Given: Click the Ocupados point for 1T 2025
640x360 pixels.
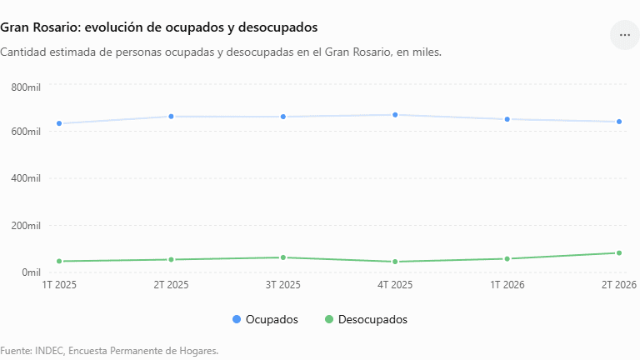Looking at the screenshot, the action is pyautogui.click(x=59, y=123).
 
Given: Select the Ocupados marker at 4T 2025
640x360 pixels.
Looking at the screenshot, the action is pyautogui.click(x=395, y=115).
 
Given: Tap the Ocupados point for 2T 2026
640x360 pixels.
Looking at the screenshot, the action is pyautogui.click(x=619, y=122).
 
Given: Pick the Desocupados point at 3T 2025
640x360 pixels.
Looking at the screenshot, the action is pyautogui.click(x=283, y=257).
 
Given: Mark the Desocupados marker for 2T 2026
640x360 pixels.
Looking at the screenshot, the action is pyautogui.click(x=619, y=253).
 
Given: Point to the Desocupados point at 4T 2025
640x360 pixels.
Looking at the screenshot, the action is pyautogui.click(x=395, y=262).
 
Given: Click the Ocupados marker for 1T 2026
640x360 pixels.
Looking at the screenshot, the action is pyautogui.click(x=507, y=119).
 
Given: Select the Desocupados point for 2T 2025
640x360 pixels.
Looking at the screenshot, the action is pyautogui.click(x=172, y=260).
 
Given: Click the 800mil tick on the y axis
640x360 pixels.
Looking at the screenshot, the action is pyautogui.click(x=26, y=87).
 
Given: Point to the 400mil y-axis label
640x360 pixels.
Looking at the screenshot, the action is pyautogui.click(x=26, y=178).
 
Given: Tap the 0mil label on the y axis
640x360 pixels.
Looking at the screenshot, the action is pyautogui.click(x=32, y=272).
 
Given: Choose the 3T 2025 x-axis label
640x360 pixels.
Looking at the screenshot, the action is pyautogui.click(x=283, y=285).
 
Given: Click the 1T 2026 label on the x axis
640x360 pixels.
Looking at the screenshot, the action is pyautogui.click(x=507, y=285).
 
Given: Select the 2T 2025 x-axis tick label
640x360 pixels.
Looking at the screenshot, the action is pyautogui.click(x=172, y=285).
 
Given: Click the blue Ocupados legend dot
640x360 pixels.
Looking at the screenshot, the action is pyautogui.click(x=237, y=319).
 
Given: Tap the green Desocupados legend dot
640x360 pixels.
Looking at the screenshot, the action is pyautogui.click(x=329, y=319).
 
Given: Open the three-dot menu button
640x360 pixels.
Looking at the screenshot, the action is pyautogui.click(x=625, y=35).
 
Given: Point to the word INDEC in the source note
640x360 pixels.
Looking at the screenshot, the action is pyautogui.click(x=49, y=351).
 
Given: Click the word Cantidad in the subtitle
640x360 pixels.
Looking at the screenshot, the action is pyautogui.click(x=22, y=52).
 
